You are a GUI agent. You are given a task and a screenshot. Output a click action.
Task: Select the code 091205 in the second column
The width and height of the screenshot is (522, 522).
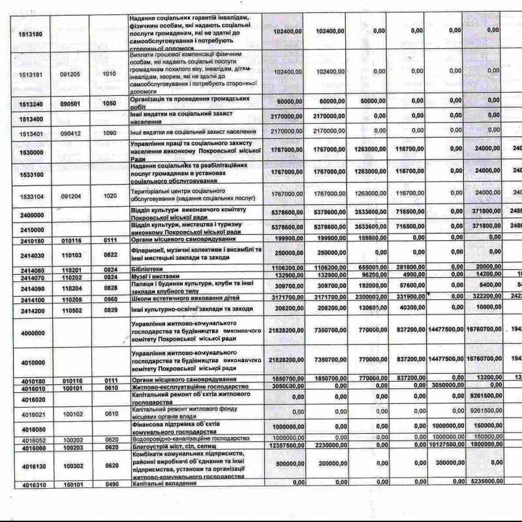(70, 74)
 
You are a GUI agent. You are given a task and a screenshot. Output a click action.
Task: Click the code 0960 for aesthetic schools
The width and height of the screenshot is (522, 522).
(109, 298)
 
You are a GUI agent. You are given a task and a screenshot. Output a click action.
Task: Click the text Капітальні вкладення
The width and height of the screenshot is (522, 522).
(160, 484)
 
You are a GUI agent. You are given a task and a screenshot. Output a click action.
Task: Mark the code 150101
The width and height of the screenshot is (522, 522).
(70, 485)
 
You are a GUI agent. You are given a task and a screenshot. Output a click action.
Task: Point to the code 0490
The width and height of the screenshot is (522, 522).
(109, 485)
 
